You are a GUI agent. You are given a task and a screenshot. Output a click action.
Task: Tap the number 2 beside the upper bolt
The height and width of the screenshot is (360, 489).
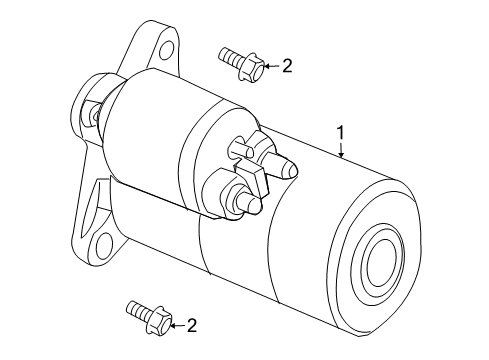point(287,66)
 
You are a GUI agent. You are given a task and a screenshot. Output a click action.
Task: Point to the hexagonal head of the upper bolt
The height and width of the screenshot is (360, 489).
point(253,68)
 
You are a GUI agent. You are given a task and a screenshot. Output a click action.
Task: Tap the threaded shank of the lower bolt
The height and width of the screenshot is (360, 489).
point(135,309)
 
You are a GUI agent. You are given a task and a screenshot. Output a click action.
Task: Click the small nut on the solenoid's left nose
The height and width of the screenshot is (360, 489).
point(93,115)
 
